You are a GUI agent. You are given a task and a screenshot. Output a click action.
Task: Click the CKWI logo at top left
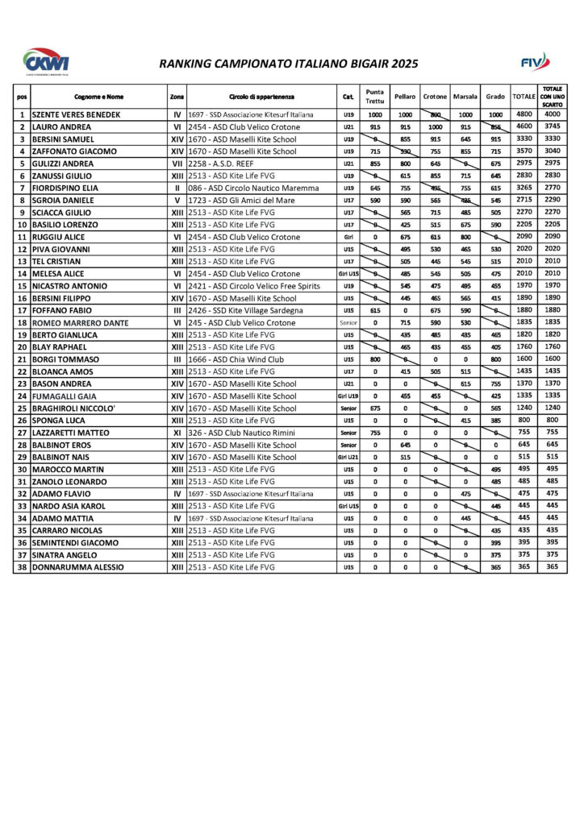[x=46, y=61]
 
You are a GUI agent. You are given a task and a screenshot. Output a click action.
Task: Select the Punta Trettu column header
[x=375, y=97]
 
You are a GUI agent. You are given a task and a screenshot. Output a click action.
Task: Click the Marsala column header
[x=465, y=97]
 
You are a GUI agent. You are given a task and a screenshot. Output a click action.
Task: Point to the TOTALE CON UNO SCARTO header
[x=552, y=97]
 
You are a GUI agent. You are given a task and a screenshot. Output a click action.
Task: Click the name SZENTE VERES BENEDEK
[x=76, y=114]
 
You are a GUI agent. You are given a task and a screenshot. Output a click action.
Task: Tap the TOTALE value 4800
[x=524, y=114]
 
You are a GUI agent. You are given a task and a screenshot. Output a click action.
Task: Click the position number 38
[x=21, y=567]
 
